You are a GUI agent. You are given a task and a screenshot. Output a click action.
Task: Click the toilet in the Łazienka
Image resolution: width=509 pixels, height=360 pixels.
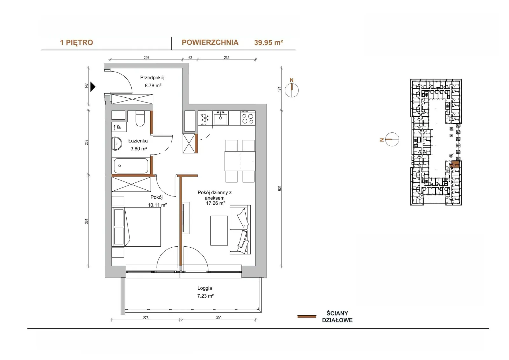[140, 118]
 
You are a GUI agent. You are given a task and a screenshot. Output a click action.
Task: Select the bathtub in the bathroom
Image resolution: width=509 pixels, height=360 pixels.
[131, 166]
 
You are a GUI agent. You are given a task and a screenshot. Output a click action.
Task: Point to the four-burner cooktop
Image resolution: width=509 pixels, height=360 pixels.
[248, 118]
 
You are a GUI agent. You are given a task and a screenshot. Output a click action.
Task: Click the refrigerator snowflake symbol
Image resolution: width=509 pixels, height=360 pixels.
[205, 118]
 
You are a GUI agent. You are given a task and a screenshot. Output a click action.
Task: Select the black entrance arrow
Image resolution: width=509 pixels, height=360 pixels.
[93, 87]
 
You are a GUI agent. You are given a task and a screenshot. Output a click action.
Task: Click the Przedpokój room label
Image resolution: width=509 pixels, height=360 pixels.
[152, 78]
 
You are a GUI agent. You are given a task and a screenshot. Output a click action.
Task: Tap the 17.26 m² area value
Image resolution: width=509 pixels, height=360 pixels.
[215, 203]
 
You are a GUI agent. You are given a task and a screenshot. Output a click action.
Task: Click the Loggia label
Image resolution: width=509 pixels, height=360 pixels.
[205, 288]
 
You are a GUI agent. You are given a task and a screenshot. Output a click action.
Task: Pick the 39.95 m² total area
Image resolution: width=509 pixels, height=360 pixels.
[268, 43]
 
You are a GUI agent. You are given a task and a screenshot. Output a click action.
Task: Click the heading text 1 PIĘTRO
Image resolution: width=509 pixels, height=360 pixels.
[76, 43]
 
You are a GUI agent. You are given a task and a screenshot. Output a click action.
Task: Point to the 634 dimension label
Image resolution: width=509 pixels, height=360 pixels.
[280, 188]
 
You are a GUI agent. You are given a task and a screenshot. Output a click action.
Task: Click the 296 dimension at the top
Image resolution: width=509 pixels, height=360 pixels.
[146, 58]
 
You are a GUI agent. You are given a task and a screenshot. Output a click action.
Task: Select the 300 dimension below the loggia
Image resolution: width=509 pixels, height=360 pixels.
[218, 318]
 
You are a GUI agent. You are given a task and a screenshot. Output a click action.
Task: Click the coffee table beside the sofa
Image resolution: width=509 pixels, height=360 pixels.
[219, 230]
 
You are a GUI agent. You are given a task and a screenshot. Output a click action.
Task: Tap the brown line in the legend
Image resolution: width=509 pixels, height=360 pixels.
[307, 317]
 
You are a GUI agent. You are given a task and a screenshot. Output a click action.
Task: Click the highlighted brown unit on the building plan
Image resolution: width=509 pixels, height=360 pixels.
[455, 165]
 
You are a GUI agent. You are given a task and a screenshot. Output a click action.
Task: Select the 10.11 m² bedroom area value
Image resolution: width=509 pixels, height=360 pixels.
[157, 205]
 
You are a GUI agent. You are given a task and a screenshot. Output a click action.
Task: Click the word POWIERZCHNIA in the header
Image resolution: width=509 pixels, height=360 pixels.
[210, 43]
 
